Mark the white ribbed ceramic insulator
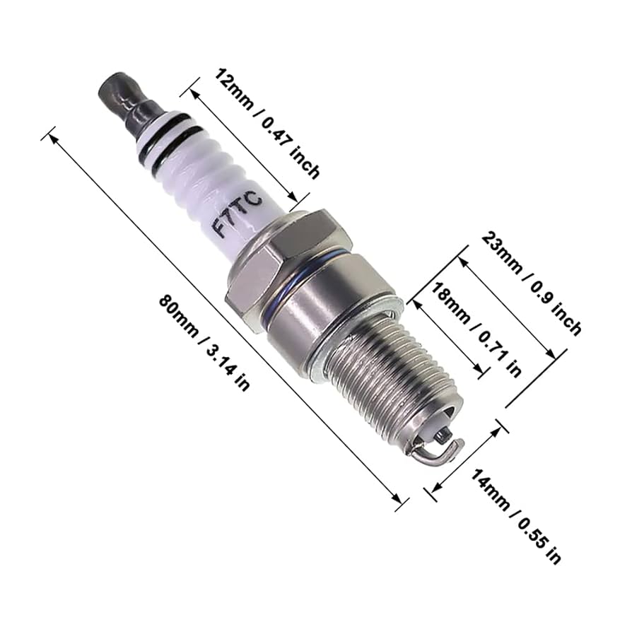[205, 177]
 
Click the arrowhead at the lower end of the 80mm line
[400, 499]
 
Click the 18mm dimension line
[448, 337]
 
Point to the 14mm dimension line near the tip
[467, 456]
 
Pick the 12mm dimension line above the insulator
[244, 145]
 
